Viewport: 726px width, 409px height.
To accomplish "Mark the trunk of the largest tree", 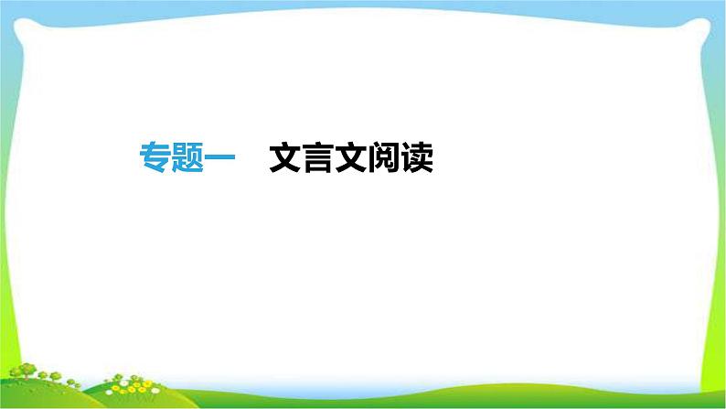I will pyautogui.click(x=26, y=377).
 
